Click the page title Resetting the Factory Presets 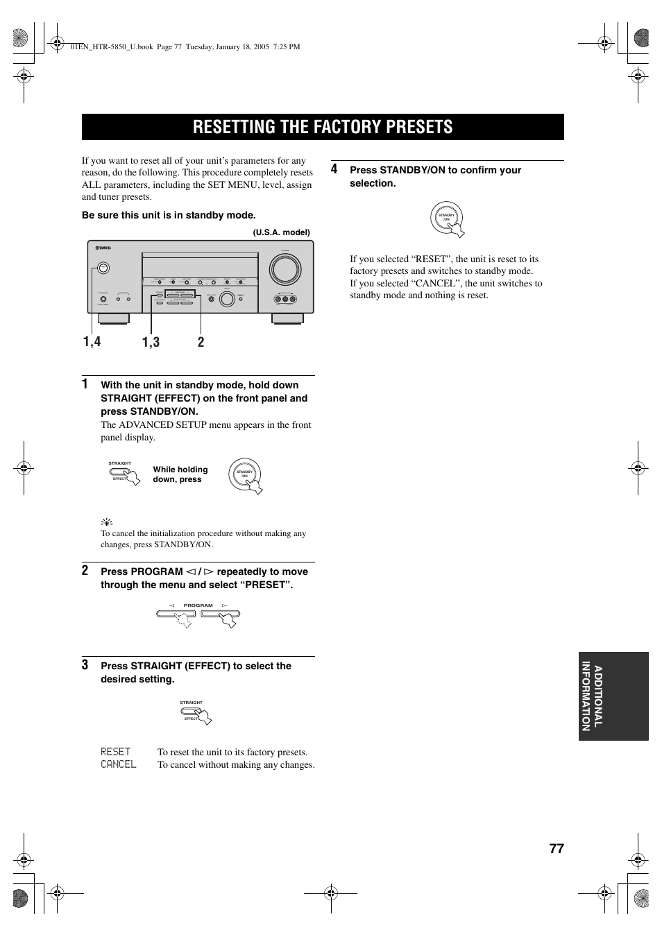323,127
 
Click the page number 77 556,849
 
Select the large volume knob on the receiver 285,270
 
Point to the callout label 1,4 92,341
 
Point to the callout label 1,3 151,341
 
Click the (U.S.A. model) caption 281,232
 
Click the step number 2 85,570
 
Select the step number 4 334,169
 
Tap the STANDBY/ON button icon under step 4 447,217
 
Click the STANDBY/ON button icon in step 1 245,475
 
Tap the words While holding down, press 180,474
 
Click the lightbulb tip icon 107,521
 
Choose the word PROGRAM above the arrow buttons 198,605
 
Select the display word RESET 115,752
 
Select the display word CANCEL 118,764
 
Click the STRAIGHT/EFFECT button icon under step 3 197,714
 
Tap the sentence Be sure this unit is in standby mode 169,215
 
